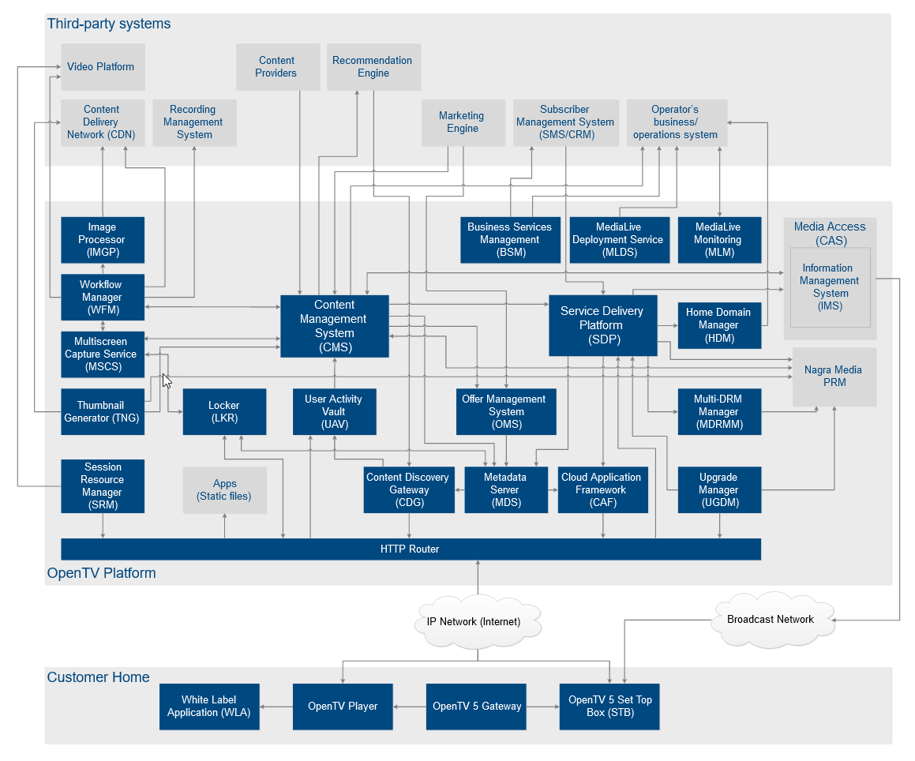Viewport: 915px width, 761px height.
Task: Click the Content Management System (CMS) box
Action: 335,325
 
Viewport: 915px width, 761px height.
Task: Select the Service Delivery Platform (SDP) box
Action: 602,324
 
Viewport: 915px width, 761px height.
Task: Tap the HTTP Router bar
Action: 411,549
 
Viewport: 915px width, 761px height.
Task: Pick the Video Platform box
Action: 103,67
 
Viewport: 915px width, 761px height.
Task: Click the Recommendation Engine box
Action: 373,66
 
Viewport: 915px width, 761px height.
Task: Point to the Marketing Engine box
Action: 463,122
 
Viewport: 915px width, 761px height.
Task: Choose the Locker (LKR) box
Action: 223,411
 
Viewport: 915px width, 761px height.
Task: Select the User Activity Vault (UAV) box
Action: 334,411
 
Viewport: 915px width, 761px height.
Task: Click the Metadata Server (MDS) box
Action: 505,489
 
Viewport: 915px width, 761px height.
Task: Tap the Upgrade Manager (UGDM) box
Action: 718,489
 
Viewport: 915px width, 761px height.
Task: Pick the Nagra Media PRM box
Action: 834,377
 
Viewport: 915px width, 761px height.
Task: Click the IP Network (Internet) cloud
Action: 477,621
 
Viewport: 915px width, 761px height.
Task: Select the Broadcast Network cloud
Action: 771,620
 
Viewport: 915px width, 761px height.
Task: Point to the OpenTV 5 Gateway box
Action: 477,706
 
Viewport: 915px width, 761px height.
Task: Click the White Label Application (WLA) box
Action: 209,706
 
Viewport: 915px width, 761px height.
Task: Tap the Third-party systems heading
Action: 109,24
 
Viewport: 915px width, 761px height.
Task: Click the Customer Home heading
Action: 99,677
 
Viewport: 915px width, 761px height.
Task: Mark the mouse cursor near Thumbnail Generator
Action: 166,380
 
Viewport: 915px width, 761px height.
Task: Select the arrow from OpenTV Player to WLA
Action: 276,706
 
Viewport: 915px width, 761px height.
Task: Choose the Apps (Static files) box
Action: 224,489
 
